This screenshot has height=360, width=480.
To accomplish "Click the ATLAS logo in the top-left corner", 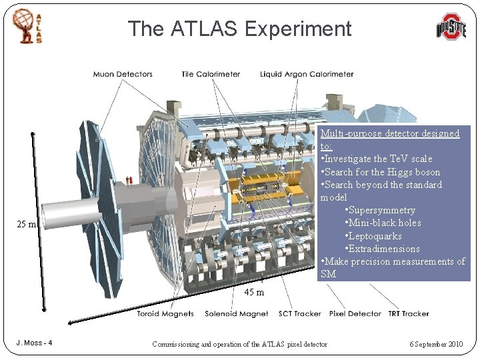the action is coord(27,26).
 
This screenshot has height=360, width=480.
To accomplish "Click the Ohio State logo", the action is coord(451,27).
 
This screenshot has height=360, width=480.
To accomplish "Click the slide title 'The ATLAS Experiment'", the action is coord(239,29).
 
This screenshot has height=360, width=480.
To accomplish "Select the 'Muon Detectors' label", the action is coord(123,74).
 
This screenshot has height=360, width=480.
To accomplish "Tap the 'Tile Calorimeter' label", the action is coord(211,74).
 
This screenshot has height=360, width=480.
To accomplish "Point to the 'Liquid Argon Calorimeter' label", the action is coord(307,74).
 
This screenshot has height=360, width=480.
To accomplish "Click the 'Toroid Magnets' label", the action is coord(165,313).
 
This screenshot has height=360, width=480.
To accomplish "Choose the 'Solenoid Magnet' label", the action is coord(237,313).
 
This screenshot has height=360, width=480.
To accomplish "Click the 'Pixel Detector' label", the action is coord(355,313).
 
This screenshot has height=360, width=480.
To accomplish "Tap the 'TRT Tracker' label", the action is coord(408,313).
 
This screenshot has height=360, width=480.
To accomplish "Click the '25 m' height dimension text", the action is coord(27,225).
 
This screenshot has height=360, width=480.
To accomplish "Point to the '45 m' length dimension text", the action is coord(254,292).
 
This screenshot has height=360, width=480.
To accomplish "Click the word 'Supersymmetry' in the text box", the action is coord(380,210).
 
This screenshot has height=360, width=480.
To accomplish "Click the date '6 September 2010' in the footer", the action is coord(436,344).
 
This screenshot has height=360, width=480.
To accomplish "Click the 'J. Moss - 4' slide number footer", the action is coord(35,343).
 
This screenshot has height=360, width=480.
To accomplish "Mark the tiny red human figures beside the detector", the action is coord(129,179).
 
